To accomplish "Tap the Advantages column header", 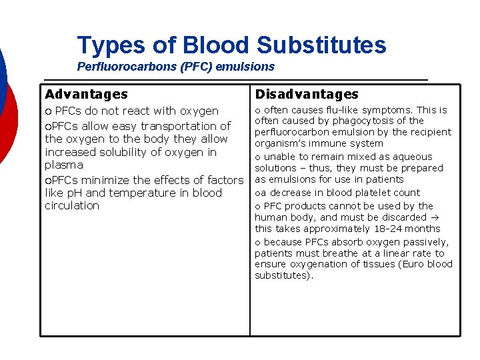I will pyautogui.click(x=86, y=95).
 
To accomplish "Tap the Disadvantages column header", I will pyautogui.click(x=307, y=95).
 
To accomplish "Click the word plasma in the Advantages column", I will pyautogui.click(x=64, y=165).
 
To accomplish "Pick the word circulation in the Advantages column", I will pyautogui.click(x=72, y=205).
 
